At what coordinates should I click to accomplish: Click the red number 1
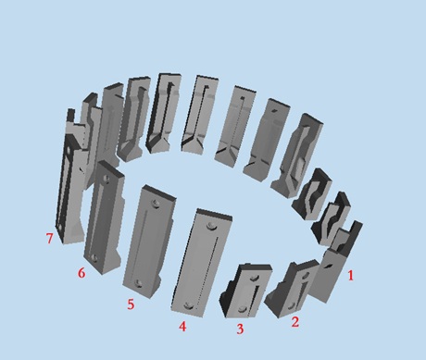(x=350, y=276)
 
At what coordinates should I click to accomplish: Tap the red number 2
(x=295, y=322)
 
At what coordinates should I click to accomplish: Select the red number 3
(x=240, y=329)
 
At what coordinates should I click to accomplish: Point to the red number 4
(x=182, y=327)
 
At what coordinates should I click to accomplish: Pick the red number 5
(x=131, y=304)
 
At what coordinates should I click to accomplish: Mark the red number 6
(x=81, y=273)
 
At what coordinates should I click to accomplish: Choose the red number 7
(x=49, y=239)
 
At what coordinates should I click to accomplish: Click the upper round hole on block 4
(x=212, y=226)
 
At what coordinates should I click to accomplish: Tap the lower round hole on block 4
(x=189, y=306)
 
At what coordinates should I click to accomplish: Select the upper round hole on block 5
(x=156, y=203)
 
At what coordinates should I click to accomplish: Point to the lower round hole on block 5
(x=139, y=283)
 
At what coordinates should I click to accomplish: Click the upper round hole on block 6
(x=106, y=178)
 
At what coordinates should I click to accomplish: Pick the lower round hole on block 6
(x=94, y=258)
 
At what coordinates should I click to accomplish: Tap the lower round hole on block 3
(x=243, y=309)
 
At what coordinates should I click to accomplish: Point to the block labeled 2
(x=292, y=289)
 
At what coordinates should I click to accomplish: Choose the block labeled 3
(x=246, y=290)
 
